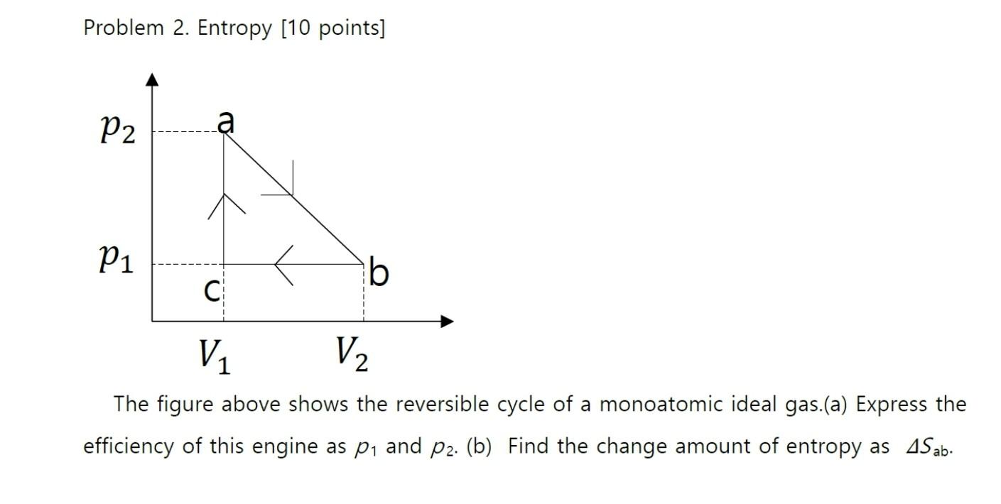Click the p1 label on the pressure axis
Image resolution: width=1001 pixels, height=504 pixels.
pyautogui.click(x=116, y=265)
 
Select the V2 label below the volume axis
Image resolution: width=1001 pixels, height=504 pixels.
pyautogui.click(x=352, y=354)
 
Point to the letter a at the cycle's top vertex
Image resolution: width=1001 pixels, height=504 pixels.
pyautogui.click(x=225, y=122)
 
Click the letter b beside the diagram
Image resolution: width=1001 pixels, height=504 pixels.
pyautogui.click(x=379, y=273)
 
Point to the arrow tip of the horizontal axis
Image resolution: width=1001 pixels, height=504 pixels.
pyautogui.click(x=448, y=322)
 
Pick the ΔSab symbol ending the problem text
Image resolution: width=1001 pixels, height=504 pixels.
pyautogui.click(x=928, y=447)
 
